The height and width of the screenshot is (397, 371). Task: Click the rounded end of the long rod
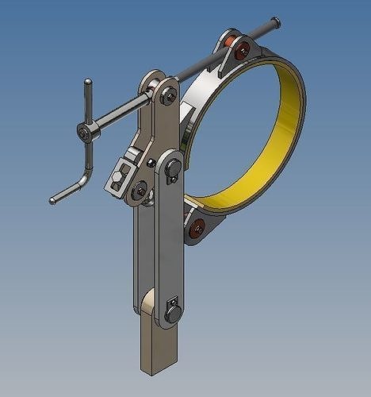pos(275,21)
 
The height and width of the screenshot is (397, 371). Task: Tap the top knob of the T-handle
pos(88,82)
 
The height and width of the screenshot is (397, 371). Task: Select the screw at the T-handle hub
pos(84,131)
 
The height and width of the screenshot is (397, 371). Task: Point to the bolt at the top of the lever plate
pos(169,98)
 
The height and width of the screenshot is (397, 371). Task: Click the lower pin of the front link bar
pos(173,314)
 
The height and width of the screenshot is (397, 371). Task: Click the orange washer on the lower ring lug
pos(198,227)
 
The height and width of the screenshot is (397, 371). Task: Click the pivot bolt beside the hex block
pos(140,190)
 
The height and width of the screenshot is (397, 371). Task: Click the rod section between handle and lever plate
pos(119,112)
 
